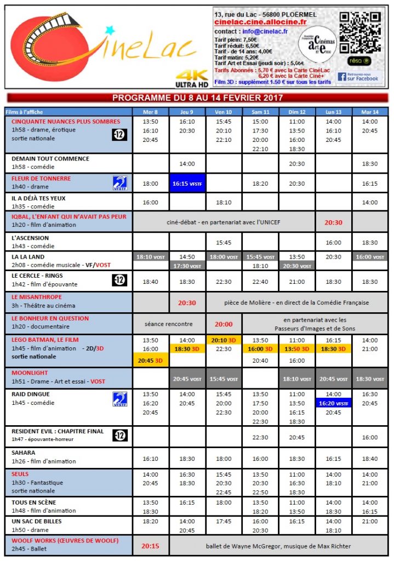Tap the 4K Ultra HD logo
tap(191, 79)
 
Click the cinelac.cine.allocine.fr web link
tap(260, 22)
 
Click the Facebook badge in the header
tap(358, 77)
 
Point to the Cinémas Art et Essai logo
tap(319, 42)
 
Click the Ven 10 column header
tap(224, 112)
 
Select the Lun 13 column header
tap(333, 112)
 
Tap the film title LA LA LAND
tap(28, 256)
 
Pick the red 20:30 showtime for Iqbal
tap(333, 222)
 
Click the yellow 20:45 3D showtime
tap(150, 359)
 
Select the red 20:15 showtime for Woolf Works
tap(150, 546)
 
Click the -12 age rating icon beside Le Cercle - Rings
tap(120, 280)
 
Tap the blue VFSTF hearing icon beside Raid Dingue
tap(120, 399)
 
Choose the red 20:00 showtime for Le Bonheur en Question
tap(224, 324)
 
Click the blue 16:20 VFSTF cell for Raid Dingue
tap(333, 403)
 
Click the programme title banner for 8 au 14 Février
tap(197, 98)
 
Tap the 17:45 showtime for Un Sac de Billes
tap(224, 522)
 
